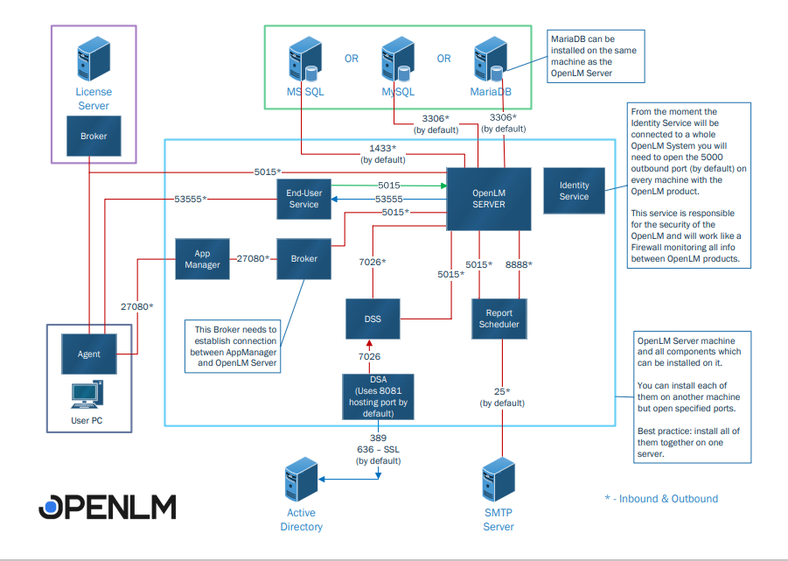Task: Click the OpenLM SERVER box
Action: [x=478, y=198]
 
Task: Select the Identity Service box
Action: [x=574, y=191]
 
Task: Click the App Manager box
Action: [x=202, y=259]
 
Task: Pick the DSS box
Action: [x=373, y=319]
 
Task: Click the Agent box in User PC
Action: [x=88, y=354]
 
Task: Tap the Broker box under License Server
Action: [x=94, y=137]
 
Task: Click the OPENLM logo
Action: [x=108, y=507]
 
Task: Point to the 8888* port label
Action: [x=519, y=264]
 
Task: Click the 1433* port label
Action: [x=382, y=149]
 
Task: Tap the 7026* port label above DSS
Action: [x=373, y=262]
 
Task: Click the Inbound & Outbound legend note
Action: [x=661, y=499]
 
